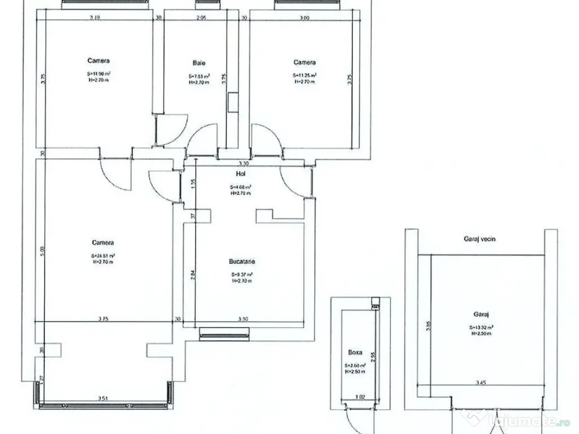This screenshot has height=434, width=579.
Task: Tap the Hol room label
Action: click(x=240, y=175)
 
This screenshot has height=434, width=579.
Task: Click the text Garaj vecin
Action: click(x=479, y=239)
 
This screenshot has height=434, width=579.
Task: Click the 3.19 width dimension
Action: click(x=95, y=18)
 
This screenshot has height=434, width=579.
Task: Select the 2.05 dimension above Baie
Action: click(x=201, y=18)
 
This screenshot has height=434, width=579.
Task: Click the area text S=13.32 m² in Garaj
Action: click(x=481, y=327)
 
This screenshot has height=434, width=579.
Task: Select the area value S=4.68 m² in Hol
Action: click(x=240, y=187)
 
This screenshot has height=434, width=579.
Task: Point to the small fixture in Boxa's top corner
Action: click(x=374, y=303)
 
